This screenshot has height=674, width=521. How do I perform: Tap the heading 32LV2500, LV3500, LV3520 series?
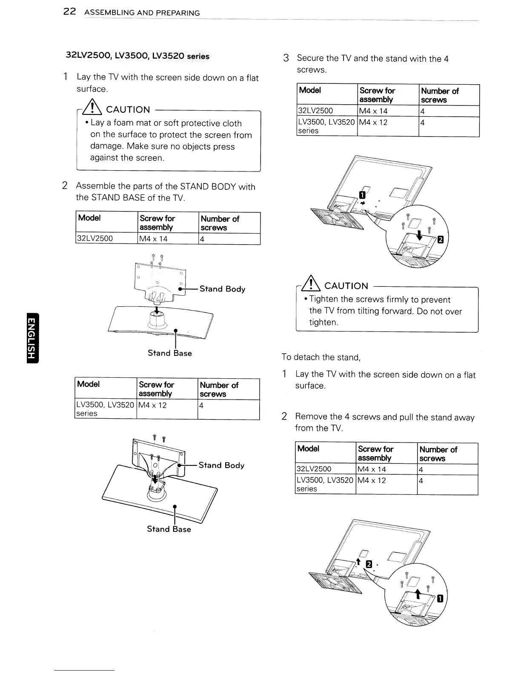click(x=137, y=56)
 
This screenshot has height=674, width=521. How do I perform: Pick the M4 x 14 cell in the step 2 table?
click(x=154, y=239)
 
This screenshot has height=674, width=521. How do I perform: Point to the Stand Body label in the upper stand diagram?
click(x=222, y=289)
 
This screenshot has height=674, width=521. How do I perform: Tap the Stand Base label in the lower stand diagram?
click(x=169, y=529)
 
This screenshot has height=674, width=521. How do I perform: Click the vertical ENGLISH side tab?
click(x=32, y=338)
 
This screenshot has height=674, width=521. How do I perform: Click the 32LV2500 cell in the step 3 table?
click(x=316, y=111)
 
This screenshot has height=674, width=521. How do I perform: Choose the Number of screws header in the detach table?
click(x=438, y=454)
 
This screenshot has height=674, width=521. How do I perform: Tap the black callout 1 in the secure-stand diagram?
click(x=362, y=195)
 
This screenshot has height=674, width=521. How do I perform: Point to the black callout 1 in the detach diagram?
click(x=441, y=599)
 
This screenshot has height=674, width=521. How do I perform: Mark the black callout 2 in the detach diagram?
click(x=369, y=564)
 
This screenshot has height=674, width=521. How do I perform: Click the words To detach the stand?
click(x=321, y=357)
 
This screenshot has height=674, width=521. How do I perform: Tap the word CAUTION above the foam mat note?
click(x=128, y=110)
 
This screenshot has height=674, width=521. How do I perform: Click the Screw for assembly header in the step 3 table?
click(x=378, y=95)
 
